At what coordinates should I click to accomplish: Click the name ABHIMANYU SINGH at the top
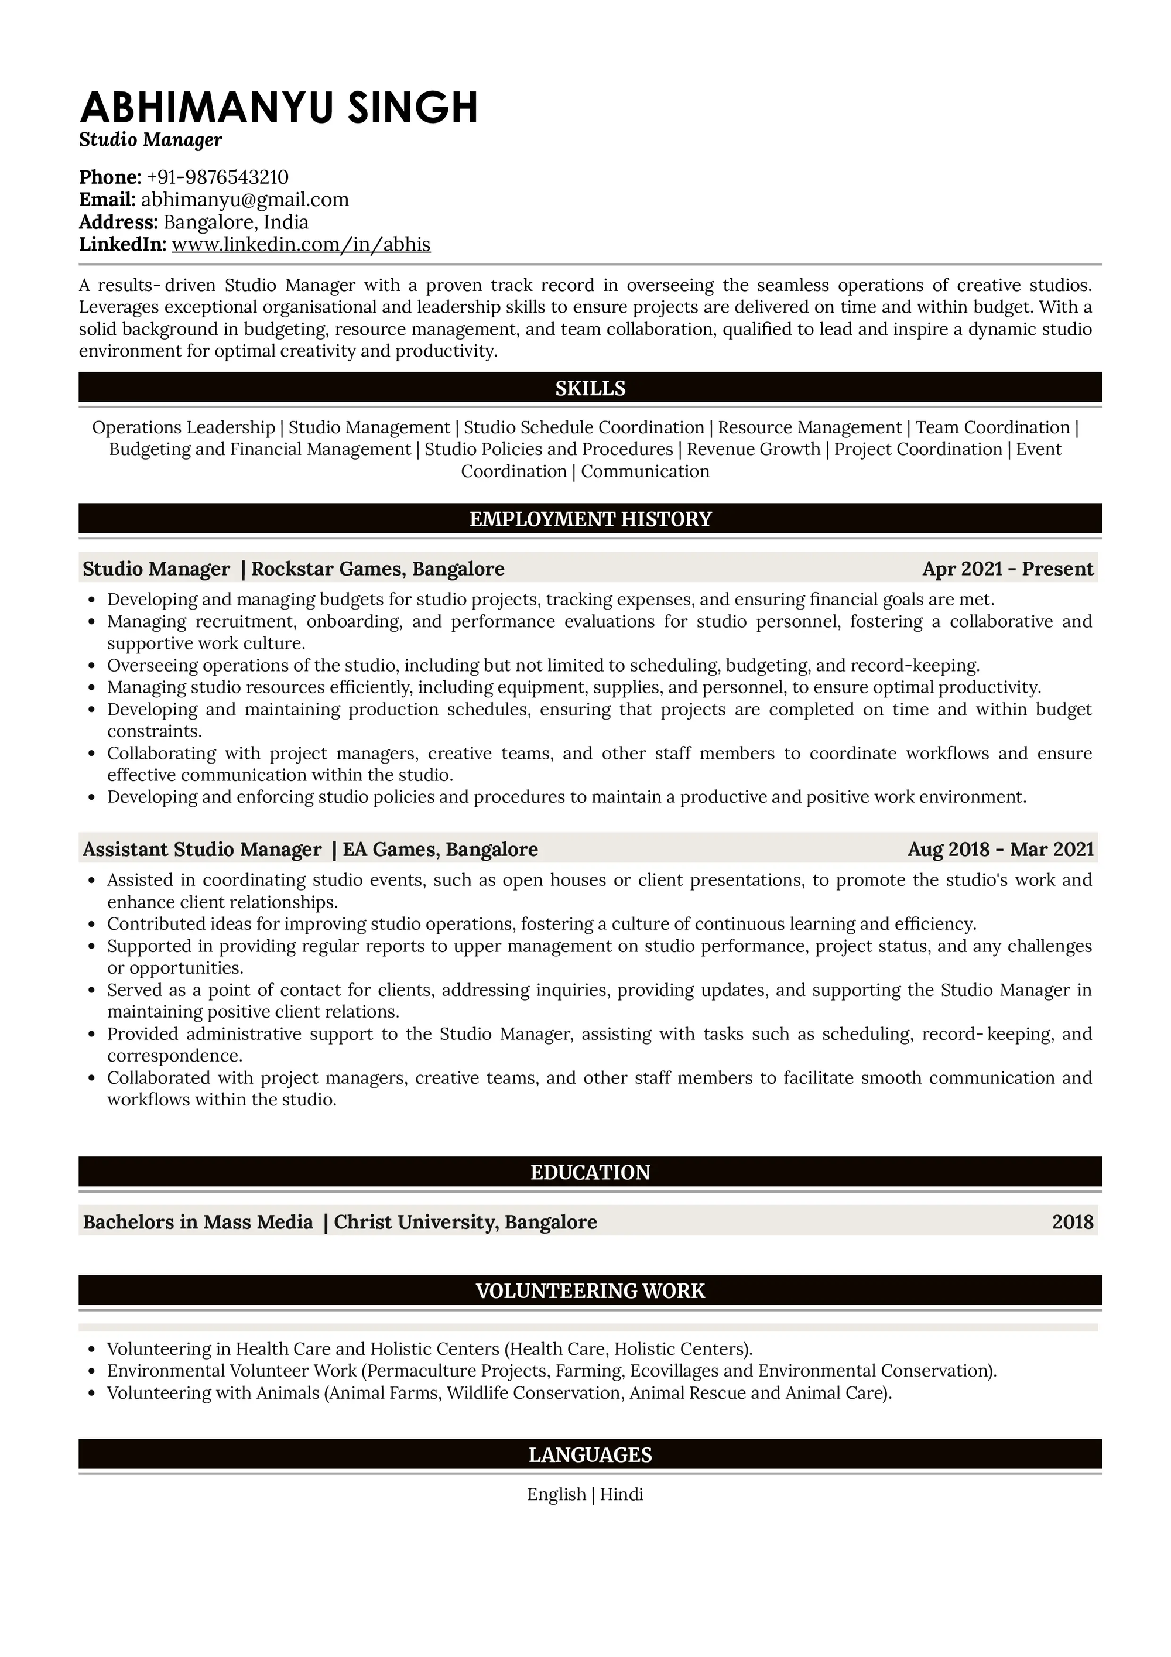click(279, 108)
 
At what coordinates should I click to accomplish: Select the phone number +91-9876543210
click(217, 177)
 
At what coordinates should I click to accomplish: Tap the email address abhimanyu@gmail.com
click(245, 199)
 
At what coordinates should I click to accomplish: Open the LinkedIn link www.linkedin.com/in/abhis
click(301, 244)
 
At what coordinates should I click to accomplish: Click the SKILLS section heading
click(590, 388)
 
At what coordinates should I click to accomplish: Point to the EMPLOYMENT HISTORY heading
click(590, 519)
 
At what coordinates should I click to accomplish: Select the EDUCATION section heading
click(590, 1172)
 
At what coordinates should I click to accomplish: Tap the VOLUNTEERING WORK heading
click(590, 1290)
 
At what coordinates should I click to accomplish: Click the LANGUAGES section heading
click(590, 1454)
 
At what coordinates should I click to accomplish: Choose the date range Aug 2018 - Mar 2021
click(1000, 849)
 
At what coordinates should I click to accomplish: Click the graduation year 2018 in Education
click(1072, 1222)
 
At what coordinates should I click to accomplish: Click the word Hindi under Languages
click(621, 1494)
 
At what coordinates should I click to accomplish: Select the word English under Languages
click(556, 1494)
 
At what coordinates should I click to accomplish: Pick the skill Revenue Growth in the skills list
click(754, 449)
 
